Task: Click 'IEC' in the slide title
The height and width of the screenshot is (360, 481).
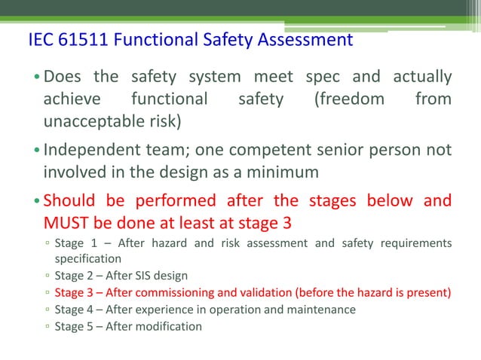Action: pyautogui.click(x=38, y=39)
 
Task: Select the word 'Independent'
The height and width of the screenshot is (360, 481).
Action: pyautogui.click(x=90, y=150)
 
